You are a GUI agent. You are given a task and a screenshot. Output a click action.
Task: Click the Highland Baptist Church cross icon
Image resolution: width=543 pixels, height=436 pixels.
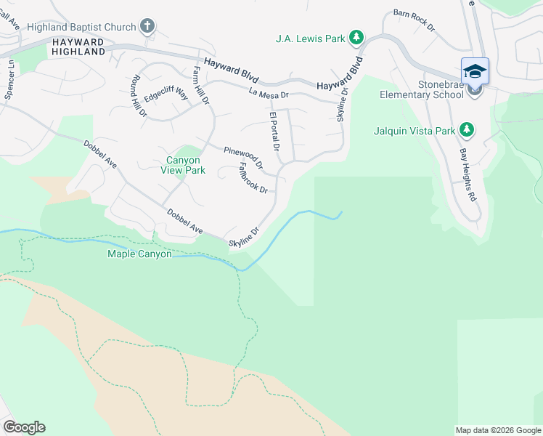coord(147,27)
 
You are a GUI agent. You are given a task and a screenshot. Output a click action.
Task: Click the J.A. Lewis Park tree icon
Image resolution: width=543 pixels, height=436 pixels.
coord(356,37)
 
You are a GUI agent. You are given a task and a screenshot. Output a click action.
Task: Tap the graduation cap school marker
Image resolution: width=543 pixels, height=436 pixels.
coord(475,71)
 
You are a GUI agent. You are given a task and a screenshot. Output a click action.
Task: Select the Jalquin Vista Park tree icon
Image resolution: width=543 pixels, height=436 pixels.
coord(468,131)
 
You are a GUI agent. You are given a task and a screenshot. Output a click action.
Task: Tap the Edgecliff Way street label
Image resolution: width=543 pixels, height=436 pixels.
coord(166,95)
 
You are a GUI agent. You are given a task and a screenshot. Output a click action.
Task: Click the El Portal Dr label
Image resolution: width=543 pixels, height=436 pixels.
coord(274,132)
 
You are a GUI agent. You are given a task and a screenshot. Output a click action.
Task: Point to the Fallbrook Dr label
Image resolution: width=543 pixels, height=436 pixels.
coord(253,177)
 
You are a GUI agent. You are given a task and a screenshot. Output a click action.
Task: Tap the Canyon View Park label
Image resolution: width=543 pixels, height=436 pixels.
coord(183,165)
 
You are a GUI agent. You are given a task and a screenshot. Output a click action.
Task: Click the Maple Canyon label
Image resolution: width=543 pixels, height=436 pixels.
coord(139,254)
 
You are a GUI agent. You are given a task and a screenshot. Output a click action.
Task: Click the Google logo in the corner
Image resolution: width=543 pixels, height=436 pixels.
coord(24,427)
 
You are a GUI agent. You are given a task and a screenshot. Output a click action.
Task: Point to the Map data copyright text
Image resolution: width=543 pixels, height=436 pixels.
coord(498,430)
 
